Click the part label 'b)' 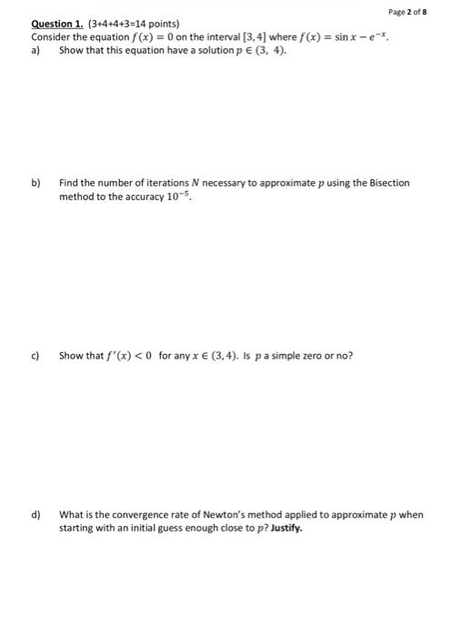point(36,183)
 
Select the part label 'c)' point(36,355)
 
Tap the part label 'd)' point(36,515)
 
